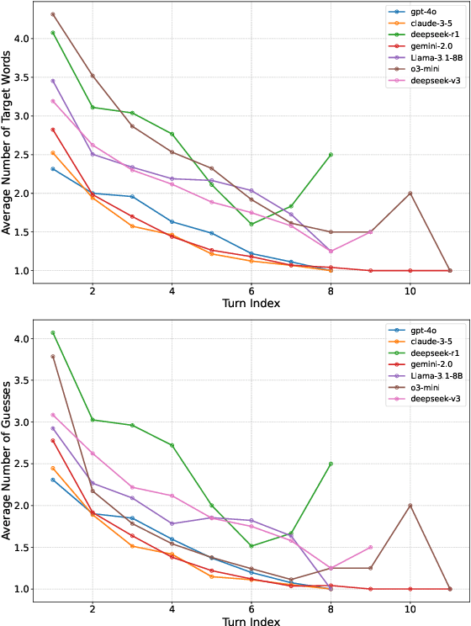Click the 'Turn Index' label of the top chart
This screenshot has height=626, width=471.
(x=251, y=301)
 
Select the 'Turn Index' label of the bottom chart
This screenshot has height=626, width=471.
(x=251, y=619)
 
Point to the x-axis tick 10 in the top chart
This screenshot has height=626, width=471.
(x=410, y=289)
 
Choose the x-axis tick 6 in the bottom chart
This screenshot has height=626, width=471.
(x=251, y=607)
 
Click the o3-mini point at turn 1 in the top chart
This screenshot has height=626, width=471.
(x=53, y=14)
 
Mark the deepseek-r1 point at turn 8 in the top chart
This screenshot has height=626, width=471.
(x=331, y=155)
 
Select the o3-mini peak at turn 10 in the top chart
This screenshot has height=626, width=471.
(x=410, y=194)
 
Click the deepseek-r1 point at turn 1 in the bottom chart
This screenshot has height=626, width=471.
(x=53, y=332)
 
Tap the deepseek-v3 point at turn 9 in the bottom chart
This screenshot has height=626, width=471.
(x=370, y=547)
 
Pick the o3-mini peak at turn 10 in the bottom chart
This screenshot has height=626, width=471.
(x=410, y=506)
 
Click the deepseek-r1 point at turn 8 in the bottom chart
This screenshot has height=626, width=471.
(x=331, y=464)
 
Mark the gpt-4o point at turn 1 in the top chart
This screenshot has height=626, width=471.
(x=53, y=169)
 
